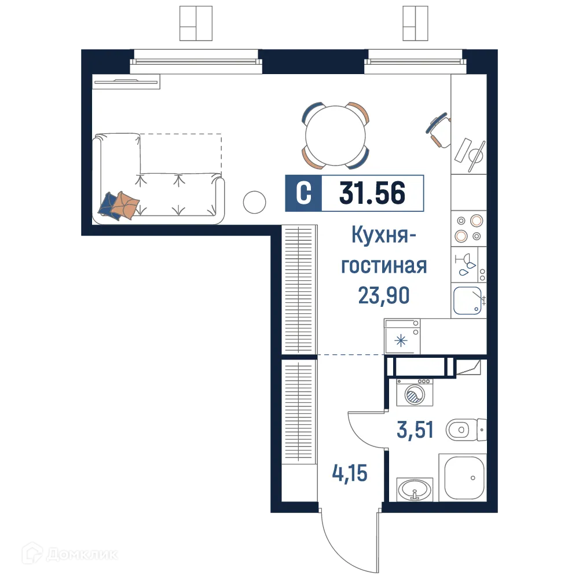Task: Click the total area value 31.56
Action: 372,193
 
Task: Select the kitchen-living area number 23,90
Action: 384,295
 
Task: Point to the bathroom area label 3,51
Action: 415,430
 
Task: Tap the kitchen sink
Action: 468,301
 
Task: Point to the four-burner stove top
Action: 468,228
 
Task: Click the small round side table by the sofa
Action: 254,202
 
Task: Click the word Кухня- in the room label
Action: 384,236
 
